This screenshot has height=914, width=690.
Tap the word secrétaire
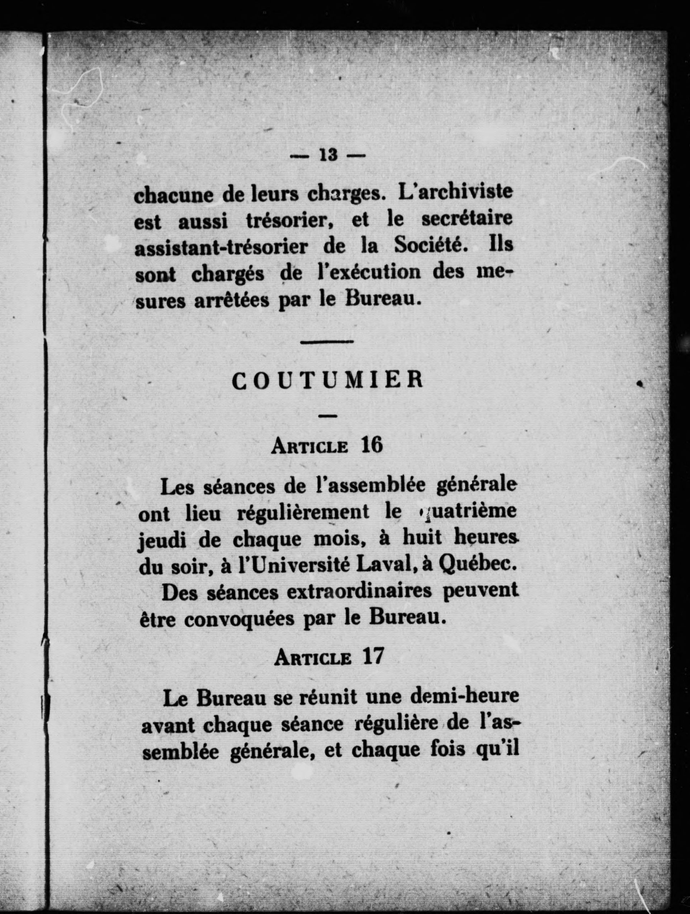click(467, 220)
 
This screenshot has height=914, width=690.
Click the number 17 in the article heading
click(373, 656)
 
